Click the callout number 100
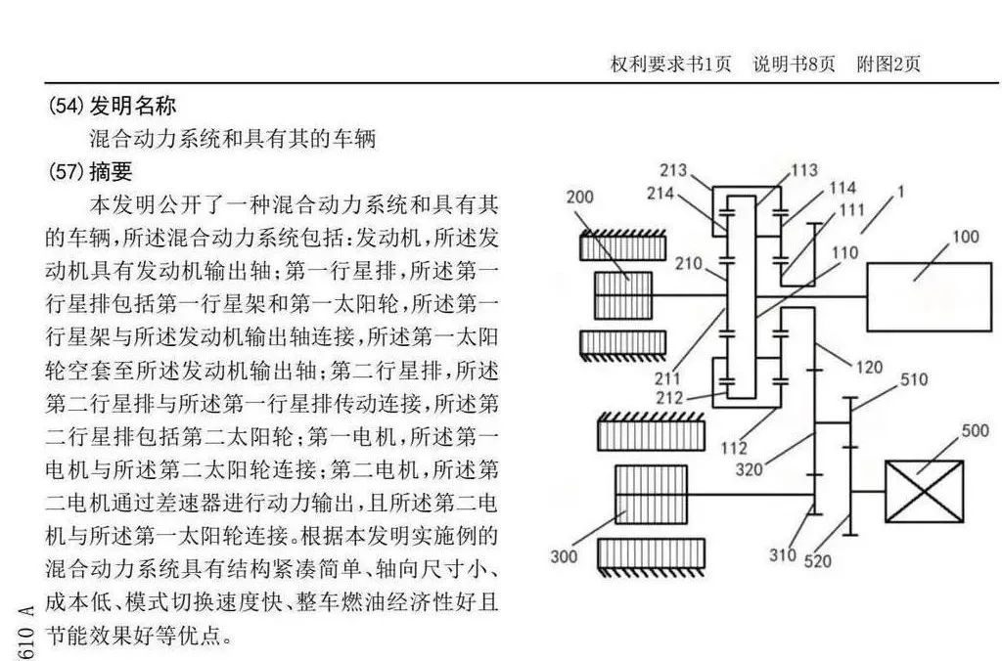coord(965,238)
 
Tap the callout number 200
coord(580,197)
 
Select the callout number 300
coord(564,557)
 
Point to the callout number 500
coord(976,430)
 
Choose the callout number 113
coord(803,170)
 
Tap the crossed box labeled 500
coord(924,491)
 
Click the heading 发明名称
coord(133,106)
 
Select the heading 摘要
coord(111,172)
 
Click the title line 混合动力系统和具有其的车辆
coord(232,138)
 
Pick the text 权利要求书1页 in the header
coord(670,65)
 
